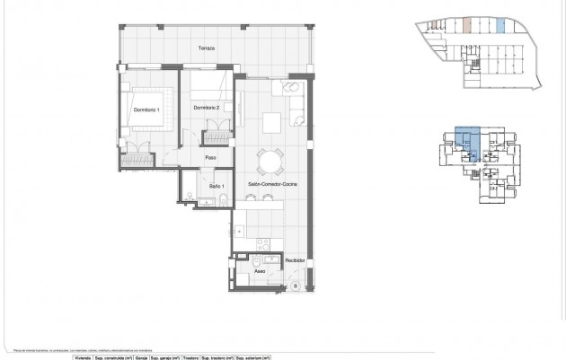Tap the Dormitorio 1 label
click(x=146, y=110)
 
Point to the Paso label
click(x=211, y=158)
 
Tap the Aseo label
click(x=260, y=269)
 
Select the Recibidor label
click(x=296, y=260)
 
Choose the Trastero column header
click(x=190, y=356)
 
